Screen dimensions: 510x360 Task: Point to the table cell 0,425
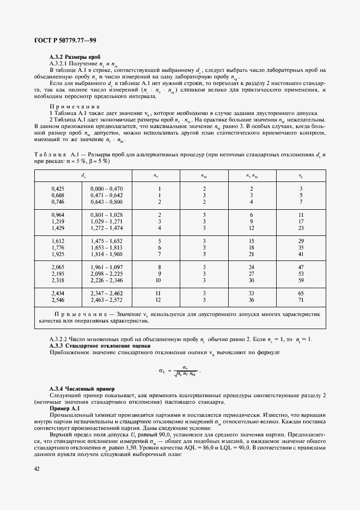click(x=57, y=189)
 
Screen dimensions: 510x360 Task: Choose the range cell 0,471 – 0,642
click(x=107, y=195)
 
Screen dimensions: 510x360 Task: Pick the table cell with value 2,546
click(x=57, y=300)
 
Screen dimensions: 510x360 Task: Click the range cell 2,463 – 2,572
click(x=107, y=300)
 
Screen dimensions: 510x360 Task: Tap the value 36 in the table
click(x=251, y=300)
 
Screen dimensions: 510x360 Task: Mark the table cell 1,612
click(x=57, y=241)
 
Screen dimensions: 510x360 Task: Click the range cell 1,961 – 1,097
click(x=107, y=267)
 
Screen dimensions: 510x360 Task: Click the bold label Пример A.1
click(x=65, y=408)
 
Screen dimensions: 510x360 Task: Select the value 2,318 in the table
click(x=57, y=280)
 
